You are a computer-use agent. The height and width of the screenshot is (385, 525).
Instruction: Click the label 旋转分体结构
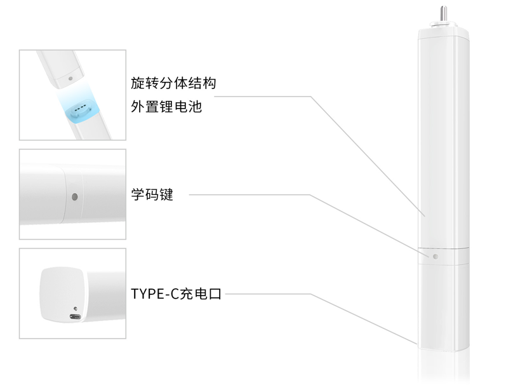click(173, 83)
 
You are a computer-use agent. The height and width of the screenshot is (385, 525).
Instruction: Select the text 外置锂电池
click(166, 107)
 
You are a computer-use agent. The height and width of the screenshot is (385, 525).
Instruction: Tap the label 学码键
click(152, 194)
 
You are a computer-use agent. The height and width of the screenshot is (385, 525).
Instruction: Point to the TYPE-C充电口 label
click(176, 294)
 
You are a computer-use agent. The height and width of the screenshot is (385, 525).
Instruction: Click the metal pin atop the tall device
click(443, 13)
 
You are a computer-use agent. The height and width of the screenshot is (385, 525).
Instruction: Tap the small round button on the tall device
click(435, 256)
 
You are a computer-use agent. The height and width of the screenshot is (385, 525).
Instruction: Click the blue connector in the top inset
click(81, 111)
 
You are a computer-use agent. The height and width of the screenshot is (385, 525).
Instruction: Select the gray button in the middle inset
click(75, 197)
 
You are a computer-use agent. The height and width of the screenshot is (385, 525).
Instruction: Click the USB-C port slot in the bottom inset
click(76, 316)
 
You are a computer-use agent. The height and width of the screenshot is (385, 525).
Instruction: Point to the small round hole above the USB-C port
click(76, 309)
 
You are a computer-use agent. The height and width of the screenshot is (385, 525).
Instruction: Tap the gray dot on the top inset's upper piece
click(70, 79)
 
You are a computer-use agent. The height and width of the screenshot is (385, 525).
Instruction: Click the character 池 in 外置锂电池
click(195, 107)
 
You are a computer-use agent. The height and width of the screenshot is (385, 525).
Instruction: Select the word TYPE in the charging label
click(147, 294)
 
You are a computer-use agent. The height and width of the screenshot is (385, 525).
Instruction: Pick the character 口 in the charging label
click(215, 294)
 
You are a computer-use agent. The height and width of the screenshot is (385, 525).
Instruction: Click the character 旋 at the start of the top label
click(137, 83)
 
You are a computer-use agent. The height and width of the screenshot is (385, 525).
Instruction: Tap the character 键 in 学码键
click(166, 194)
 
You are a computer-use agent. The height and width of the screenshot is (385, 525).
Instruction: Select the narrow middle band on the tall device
click(443, 256)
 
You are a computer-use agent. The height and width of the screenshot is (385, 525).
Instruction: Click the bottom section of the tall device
click(443, 307)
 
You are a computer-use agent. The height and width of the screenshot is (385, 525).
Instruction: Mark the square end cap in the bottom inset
click(63, 295)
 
